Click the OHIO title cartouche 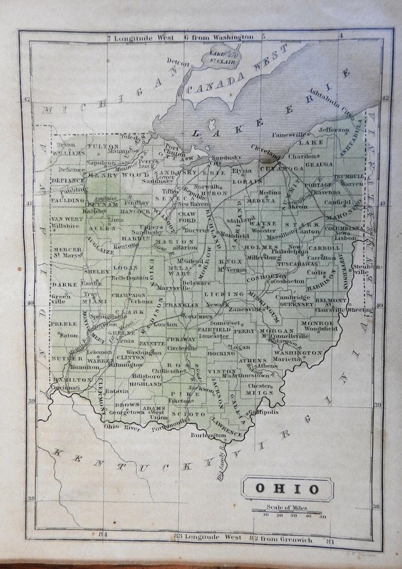tap(287, 490)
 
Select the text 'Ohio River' tap(117, 426)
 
